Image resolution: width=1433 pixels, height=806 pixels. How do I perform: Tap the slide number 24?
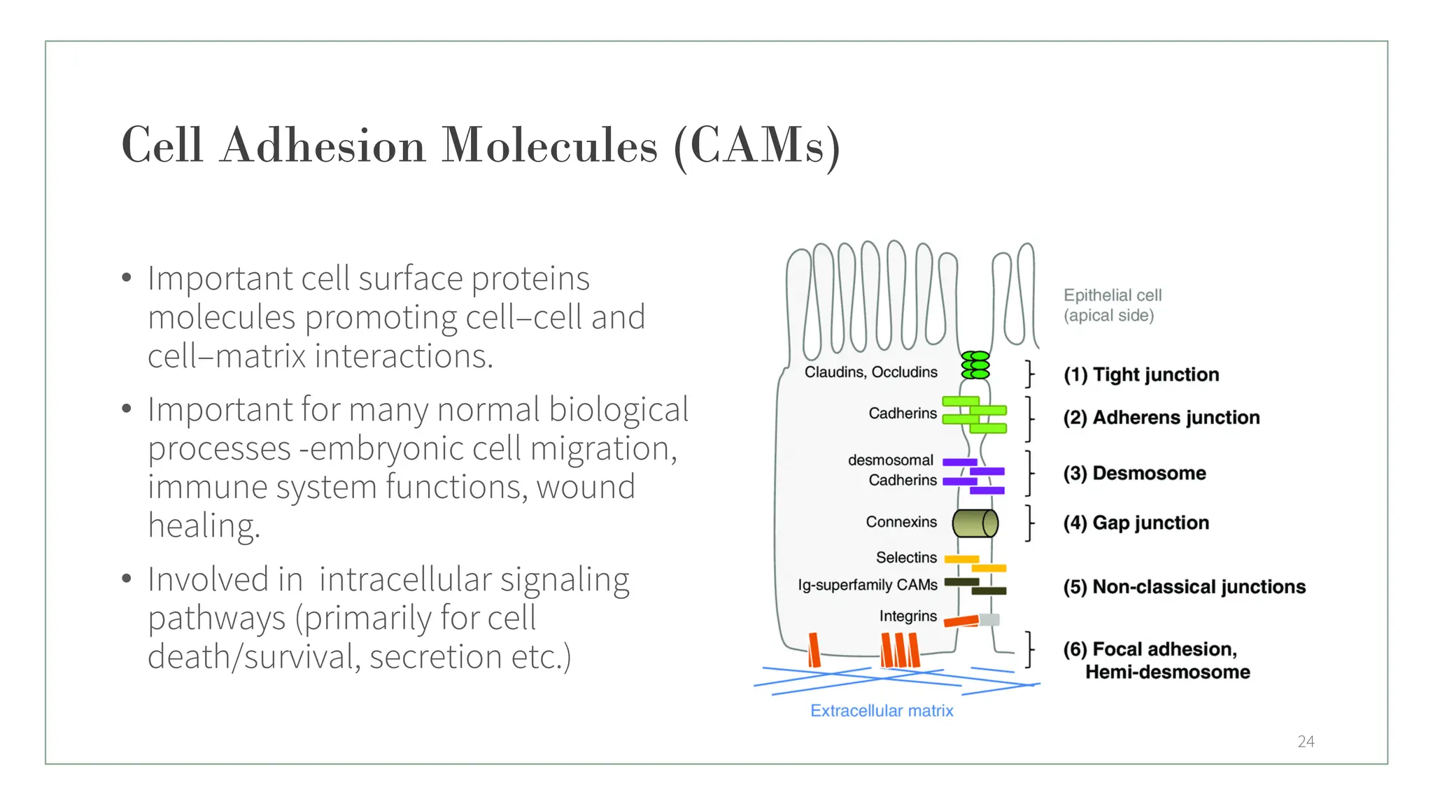(1306, 742)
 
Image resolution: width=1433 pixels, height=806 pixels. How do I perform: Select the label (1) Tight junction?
(1141, 375)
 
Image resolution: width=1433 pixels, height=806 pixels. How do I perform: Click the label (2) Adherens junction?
(1162, 418)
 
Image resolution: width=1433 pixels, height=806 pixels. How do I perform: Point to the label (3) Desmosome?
(1134, 474)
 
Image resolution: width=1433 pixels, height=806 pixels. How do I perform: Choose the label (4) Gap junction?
(1136, 523)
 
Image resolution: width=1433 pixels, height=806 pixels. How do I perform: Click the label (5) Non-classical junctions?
(1184, 587)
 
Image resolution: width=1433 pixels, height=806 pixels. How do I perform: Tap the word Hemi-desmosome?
(1167, 672)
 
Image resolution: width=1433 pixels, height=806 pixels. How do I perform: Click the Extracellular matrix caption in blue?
(882, 711)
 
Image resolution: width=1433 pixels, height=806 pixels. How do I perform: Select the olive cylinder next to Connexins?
(975, 523)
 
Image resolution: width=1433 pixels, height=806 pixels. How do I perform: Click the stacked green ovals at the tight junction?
(975, 365)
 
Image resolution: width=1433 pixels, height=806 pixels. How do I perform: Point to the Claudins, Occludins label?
(870, 372)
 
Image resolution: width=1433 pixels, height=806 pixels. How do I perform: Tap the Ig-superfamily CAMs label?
(868, 585)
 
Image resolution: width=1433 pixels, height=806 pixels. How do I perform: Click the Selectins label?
(906, 558)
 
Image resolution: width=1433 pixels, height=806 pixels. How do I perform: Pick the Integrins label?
(908, 616)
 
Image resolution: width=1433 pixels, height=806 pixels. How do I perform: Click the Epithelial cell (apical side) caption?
(1112, 305)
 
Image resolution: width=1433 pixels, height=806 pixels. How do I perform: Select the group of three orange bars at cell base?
(900, 650)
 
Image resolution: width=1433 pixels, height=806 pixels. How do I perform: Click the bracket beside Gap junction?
(1029, 523)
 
